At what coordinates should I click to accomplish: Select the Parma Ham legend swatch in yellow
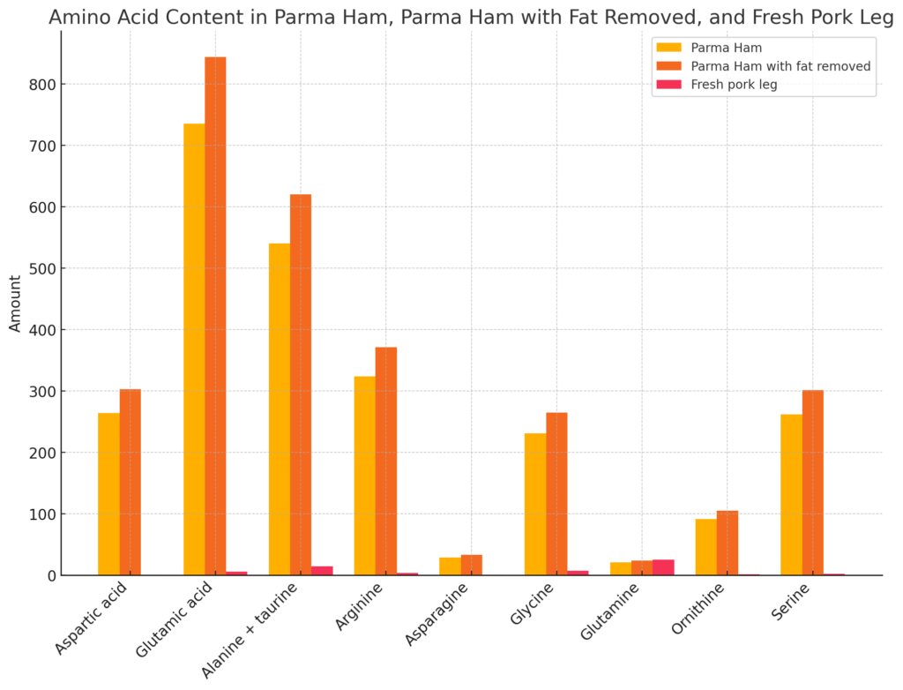point(669,48)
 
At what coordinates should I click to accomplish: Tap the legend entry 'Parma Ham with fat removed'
point(780,66)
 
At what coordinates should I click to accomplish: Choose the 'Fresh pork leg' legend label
point(734,85)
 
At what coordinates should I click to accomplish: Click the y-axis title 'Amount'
point(15,304)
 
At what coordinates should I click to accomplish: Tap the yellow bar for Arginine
point(364,476)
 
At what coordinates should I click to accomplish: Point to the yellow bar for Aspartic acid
point(108,494)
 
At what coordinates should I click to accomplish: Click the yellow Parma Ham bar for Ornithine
point(705,547)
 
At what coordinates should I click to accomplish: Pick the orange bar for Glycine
point(556,494)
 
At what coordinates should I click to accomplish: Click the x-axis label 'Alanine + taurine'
point(249,631)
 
